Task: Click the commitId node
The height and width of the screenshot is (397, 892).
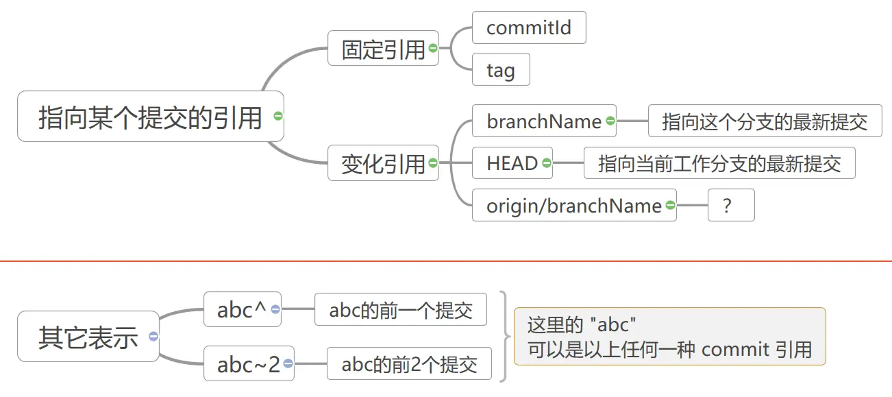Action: (x=529, y=27)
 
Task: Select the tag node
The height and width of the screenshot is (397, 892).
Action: (x=501, y=69)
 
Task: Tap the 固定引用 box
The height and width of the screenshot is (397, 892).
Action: (x=383, y=48)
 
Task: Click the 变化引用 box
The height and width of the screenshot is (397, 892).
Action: (x=383, y=163)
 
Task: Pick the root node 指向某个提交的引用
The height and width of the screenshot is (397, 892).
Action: (x=151, y=116)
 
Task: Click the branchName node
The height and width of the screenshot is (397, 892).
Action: (x=544, y=121)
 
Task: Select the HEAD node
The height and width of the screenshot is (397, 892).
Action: (x=512, y=163)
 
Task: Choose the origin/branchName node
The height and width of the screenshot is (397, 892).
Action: (x=574, y=205)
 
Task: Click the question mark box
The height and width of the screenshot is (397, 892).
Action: (x=731, y=205)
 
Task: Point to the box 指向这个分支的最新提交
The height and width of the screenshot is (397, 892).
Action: (x=765, y=121)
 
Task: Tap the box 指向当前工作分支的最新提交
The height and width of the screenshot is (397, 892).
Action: (x=719, y=163)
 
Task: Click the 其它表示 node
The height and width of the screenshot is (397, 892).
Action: (x=88, y=337)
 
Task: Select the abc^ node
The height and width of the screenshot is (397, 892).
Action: (x=243, y=309)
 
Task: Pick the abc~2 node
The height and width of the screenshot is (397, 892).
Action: (x=249, y=363)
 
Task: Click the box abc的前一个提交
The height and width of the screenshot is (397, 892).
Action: (x=401, y=309)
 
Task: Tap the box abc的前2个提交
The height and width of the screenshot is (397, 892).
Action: (x=410, y=363)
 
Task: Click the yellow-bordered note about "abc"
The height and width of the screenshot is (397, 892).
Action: (x=670, y=337)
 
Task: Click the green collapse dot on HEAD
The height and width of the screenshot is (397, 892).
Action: (x=547, y=163)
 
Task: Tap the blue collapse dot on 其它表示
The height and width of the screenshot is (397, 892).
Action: (x=153, y=337)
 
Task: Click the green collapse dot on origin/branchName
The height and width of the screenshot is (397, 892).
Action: (x=671, y=205)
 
